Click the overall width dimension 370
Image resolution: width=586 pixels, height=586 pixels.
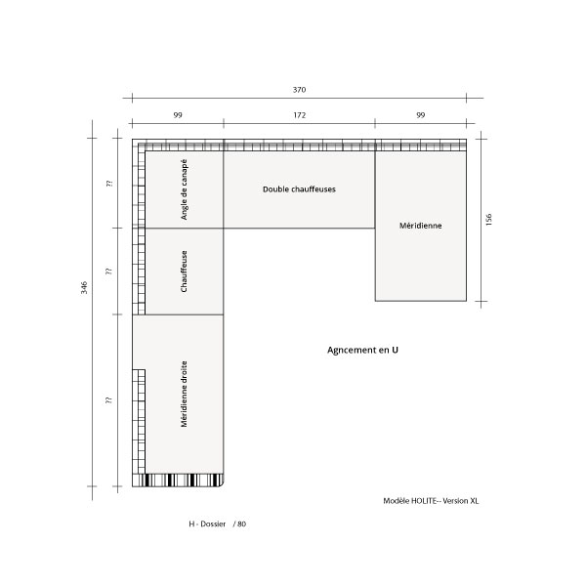[299, 90]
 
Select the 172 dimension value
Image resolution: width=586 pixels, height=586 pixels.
[300, 115]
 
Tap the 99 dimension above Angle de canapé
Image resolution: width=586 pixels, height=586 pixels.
[178, 115]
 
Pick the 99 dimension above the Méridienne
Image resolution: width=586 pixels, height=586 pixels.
[421, 115]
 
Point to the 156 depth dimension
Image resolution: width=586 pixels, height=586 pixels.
[489, 220]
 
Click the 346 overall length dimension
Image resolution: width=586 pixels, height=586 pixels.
[84, 288]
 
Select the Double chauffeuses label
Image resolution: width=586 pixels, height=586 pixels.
[299, 189]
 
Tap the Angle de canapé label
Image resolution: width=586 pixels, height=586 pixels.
[184, 189]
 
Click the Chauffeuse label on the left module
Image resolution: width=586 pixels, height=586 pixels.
[184, 272]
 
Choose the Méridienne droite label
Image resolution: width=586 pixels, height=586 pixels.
[184, 394]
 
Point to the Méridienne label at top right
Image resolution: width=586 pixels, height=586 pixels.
[420, 226]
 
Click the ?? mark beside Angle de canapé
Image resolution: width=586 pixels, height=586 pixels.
[109, 184]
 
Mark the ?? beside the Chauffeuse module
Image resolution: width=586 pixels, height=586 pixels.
[109, 271]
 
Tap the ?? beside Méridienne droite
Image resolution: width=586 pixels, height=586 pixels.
[109, 399]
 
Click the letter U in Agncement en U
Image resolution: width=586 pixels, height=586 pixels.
[395, 350]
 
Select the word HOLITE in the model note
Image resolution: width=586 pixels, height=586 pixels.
[424, 501]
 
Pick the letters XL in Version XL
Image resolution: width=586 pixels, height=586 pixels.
[474, 501]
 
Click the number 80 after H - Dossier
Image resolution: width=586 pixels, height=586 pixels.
[242, 523]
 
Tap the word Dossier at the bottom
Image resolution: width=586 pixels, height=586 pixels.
[213, 523]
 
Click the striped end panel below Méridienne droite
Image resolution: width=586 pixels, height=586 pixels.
[178, 481]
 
